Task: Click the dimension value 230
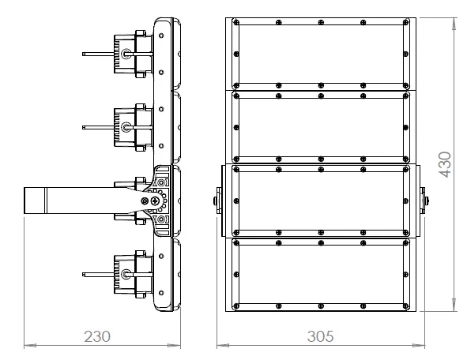[x=96, y=336]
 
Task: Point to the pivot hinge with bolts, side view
[x=152, y=201]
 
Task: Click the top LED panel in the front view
[x=320, y=54]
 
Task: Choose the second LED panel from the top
[x=320, y=126]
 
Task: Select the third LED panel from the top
[x=320, y=201]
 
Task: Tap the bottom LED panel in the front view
[x=320, y=275]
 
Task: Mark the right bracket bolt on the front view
[x=426, y=201]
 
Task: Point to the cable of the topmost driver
[x=99, y=54]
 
